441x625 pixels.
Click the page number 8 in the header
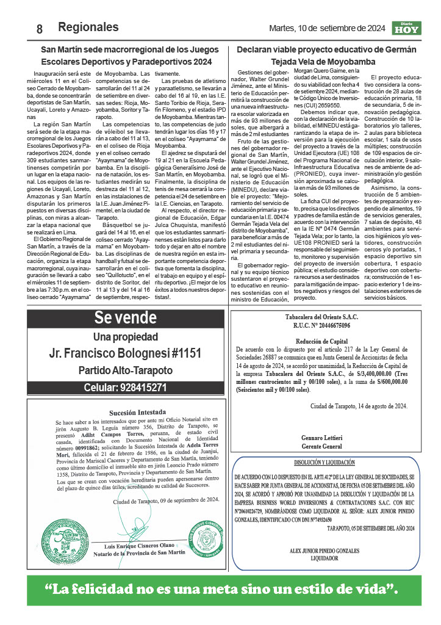pyautogui.click(x=39, y=28)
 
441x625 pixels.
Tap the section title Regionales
pyautogui.click(x=88, y=27)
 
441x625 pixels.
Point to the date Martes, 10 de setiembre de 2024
pyautogui.click(x=327, y=28)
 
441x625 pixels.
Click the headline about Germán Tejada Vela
pyautogui.click(x=326, y=56)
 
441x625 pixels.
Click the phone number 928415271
pyautogui.click(x=125, y=387)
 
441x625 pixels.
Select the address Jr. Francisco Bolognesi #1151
pyautogui.click(x=125, y=352)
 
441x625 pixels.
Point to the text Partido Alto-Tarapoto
pyautogui.click(x=125, y=370)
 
